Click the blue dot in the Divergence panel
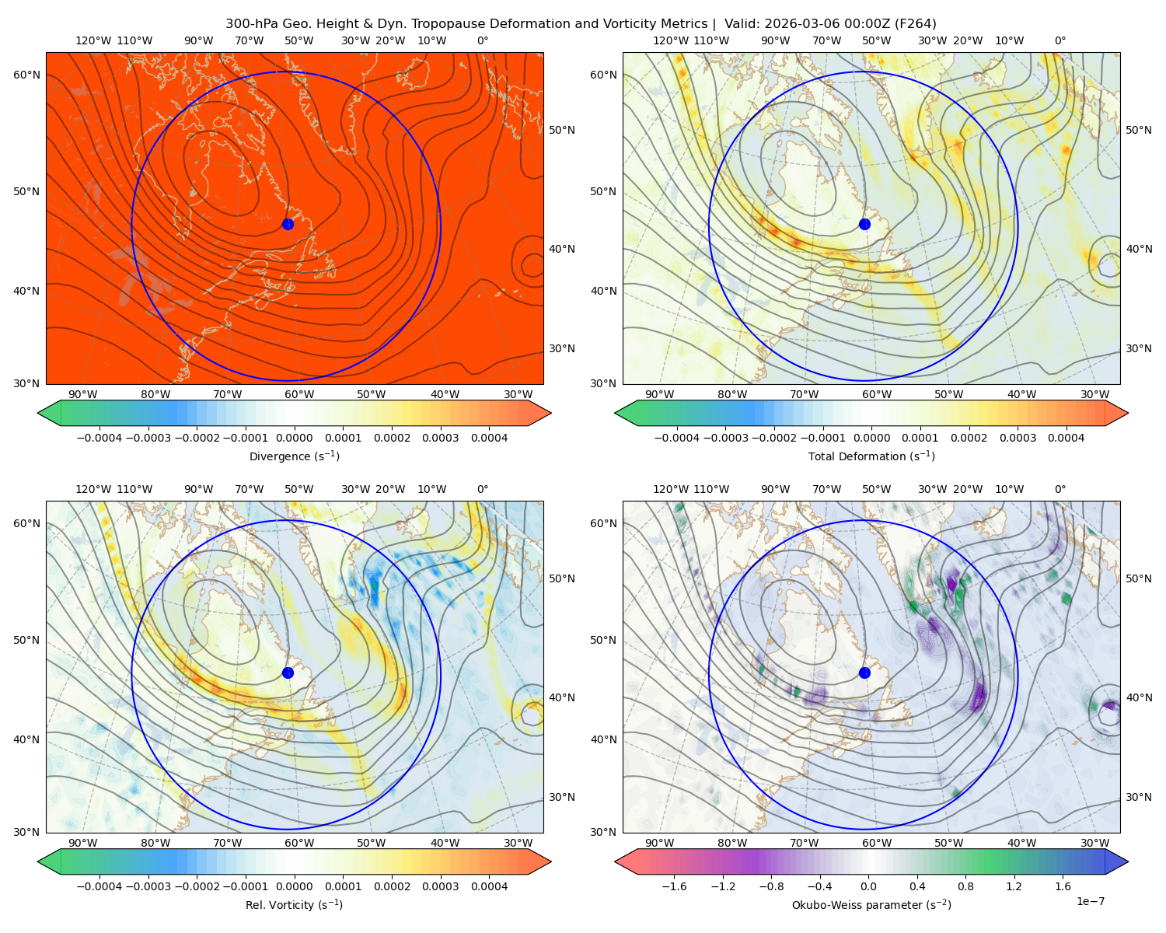point(288,224)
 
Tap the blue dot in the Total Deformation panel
point(864,224)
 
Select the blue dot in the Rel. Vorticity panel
point(288,673)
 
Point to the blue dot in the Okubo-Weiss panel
point(864,673)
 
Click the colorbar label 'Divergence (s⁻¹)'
point(294,456)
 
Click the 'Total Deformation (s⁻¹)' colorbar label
point(871,456)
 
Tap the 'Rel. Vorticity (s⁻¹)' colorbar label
point(294,904)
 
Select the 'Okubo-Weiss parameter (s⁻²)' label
point(871,904)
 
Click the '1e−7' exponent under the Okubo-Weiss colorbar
point(1090,901)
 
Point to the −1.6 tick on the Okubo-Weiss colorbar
point(674,886)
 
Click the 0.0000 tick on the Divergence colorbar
point(294,438)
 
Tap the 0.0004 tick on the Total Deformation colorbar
point(1066,438)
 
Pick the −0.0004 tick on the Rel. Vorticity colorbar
point(99,886)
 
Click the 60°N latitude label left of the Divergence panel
point(26,75)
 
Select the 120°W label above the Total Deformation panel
point(671,40)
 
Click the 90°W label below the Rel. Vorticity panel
point(83,843)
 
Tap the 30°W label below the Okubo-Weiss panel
point(1094,843)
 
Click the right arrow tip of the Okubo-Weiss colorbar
point(1128,861)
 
